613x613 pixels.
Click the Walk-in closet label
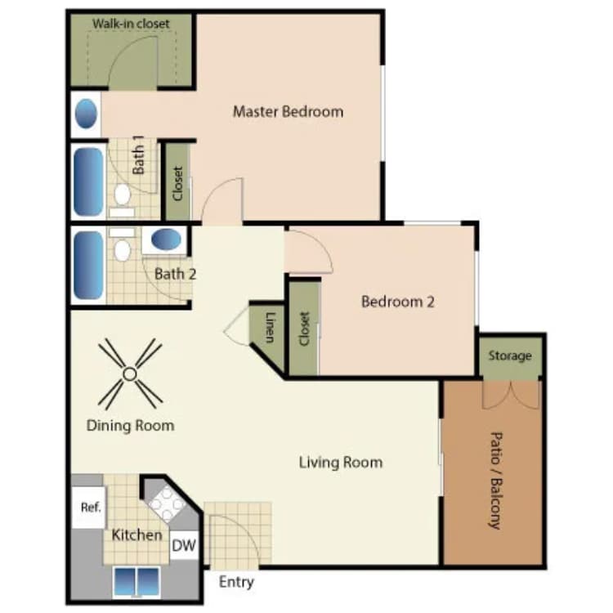(131, 24)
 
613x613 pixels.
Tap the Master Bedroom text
(288, 111)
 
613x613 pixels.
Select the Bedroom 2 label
(397, 302)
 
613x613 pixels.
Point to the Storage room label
(510, 356)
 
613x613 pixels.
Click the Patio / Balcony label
(494, 481)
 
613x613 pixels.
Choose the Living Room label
(340, 463)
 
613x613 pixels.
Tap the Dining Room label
(130, 426)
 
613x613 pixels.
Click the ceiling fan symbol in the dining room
(129, 374)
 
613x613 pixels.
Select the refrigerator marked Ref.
(90, 508)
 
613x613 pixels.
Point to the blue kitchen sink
(136, 581)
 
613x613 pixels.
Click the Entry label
(236, 582)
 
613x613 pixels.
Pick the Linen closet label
(269, 327)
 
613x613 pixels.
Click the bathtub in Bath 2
(88, 266)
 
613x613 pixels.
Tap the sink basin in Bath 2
(167, 240)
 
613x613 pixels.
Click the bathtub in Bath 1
(88, 181)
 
